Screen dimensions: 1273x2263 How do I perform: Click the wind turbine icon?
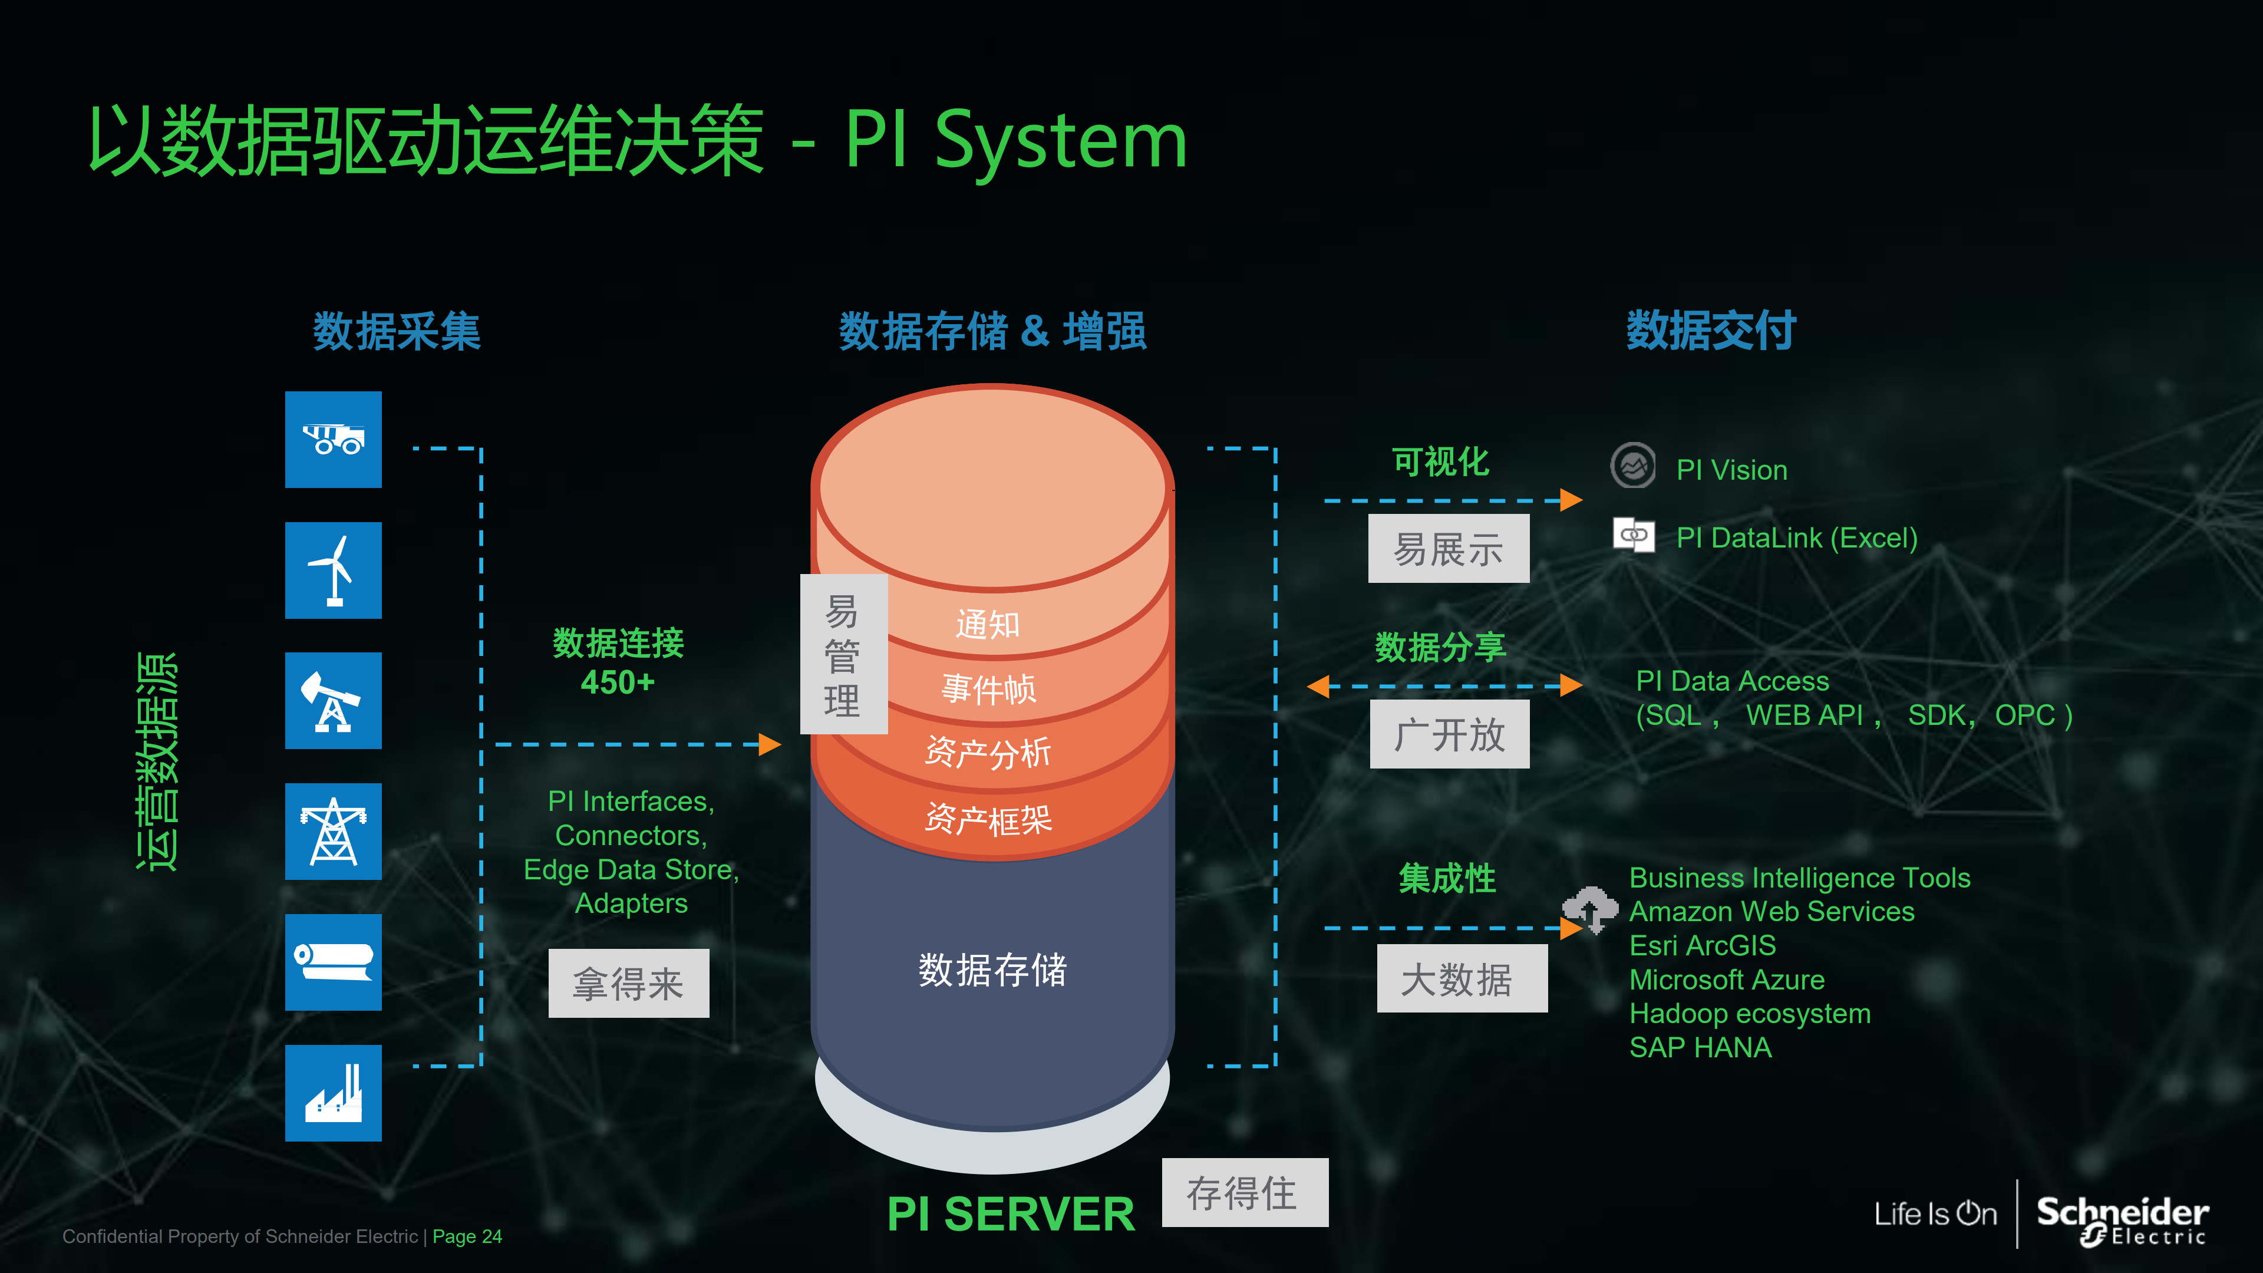tap(333, 570)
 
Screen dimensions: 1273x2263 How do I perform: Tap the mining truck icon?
tap(333, 439)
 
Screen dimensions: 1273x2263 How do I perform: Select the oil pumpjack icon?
tap(333, 700)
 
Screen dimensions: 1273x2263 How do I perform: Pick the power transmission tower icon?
tap(333, 831)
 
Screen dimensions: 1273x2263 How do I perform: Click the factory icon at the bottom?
tap(333, 1093)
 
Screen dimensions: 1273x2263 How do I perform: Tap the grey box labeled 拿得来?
tap(628, 983)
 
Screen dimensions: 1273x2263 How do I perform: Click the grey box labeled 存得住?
tap(1244, 1192)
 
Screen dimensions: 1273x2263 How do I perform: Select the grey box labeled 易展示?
tap(1448, 549)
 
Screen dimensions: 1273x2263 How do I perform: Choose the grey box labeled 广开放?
tap(1450, 734)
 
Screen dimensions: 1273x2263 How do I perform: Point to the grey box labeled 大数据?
tap(1461, 979)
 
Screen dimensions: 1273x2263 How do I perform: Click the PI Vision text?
tap(1731, 470)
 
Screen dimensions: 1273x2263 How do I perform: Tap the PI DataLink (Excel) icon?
tap(1633, 535)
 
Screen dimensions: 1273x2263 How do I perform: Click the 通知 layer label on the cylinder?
tap(988, 625)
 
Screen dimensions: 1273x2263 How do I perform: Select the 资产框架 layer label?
tap(988, 820)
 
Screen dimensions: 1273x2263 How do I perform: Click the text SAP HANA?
tap(1700, 1047)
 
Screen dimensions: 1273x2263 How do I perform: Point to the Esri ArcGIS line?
tap(1701, 945)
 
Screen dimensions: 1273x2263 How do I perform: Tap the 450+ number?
tap(618, 682)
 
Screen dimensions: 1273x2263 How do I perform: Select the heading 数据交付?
tap(1710, 331)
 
